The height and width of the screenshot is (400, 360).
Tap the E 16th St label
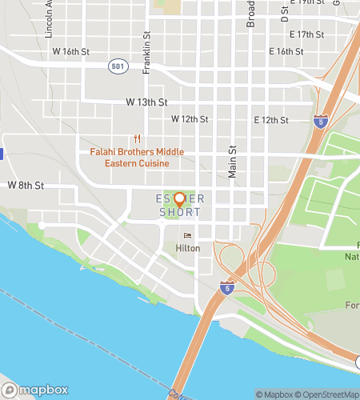tap(286, 51)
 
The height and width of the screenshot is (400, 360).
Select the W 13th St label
tap(146, 102)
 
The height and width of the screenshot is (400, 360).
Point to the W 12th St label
tap(190, 118)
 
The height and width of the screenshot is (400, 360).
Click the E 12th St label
tap(270, 120)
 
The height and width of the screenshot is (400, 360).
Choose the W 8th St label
tap(26, 185)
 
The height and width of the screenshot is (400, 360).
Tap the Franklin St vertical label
tap(147, 54)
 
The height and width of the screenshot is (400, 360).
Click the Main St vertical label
tap(234, 160)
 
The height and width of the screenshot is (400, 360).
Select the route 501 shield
tap(118, 66)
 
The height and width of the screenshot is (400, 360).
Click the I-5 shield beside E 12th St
tap(320, 122)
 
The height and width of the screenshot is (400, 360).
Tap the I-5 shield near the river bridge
tap(228, 286)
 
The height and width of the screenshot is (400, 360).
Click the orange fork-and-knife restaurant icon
tap(138, 138)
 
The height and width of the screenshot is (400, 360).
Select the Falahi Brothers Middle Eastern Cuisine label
tap(137, 158)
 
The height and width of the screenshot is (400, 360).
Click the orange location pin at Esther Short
tap(179, 199)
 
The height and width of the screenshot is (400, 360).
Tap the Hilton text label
tap(188, 249)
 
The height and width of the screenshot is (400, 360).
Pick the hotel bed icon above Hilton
tap(188, 235)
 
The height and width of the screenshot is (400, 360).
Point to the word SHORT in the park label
tap(180, 212)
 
